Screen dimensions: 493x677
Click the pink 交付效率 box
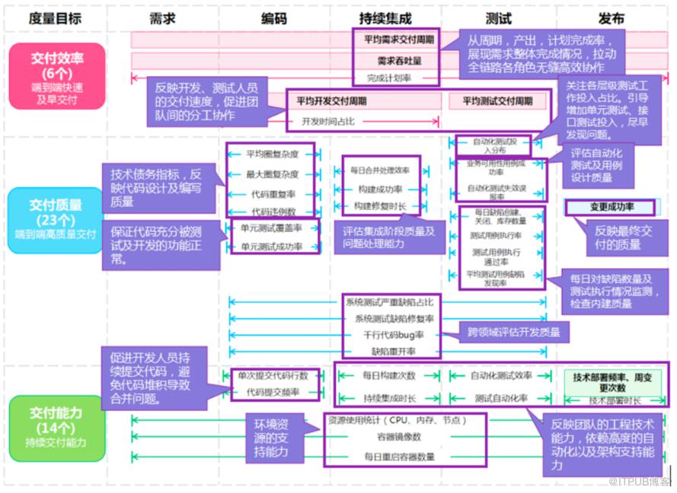point(57,73)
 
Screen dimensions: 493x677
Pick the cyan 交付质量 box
point(57,220)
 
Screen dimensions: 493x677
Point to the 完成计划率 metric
point(388,77)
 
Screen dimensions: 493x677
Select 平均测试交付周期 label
point(498,100)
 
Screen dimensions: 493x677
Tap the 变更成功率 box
point(612,207)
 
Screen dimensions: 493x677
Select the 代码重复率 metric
point(272,193)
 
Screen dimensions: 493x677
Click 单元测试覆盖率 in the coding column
point(272,227)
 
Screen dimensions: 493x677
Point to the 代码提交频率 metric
point(272,393)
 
